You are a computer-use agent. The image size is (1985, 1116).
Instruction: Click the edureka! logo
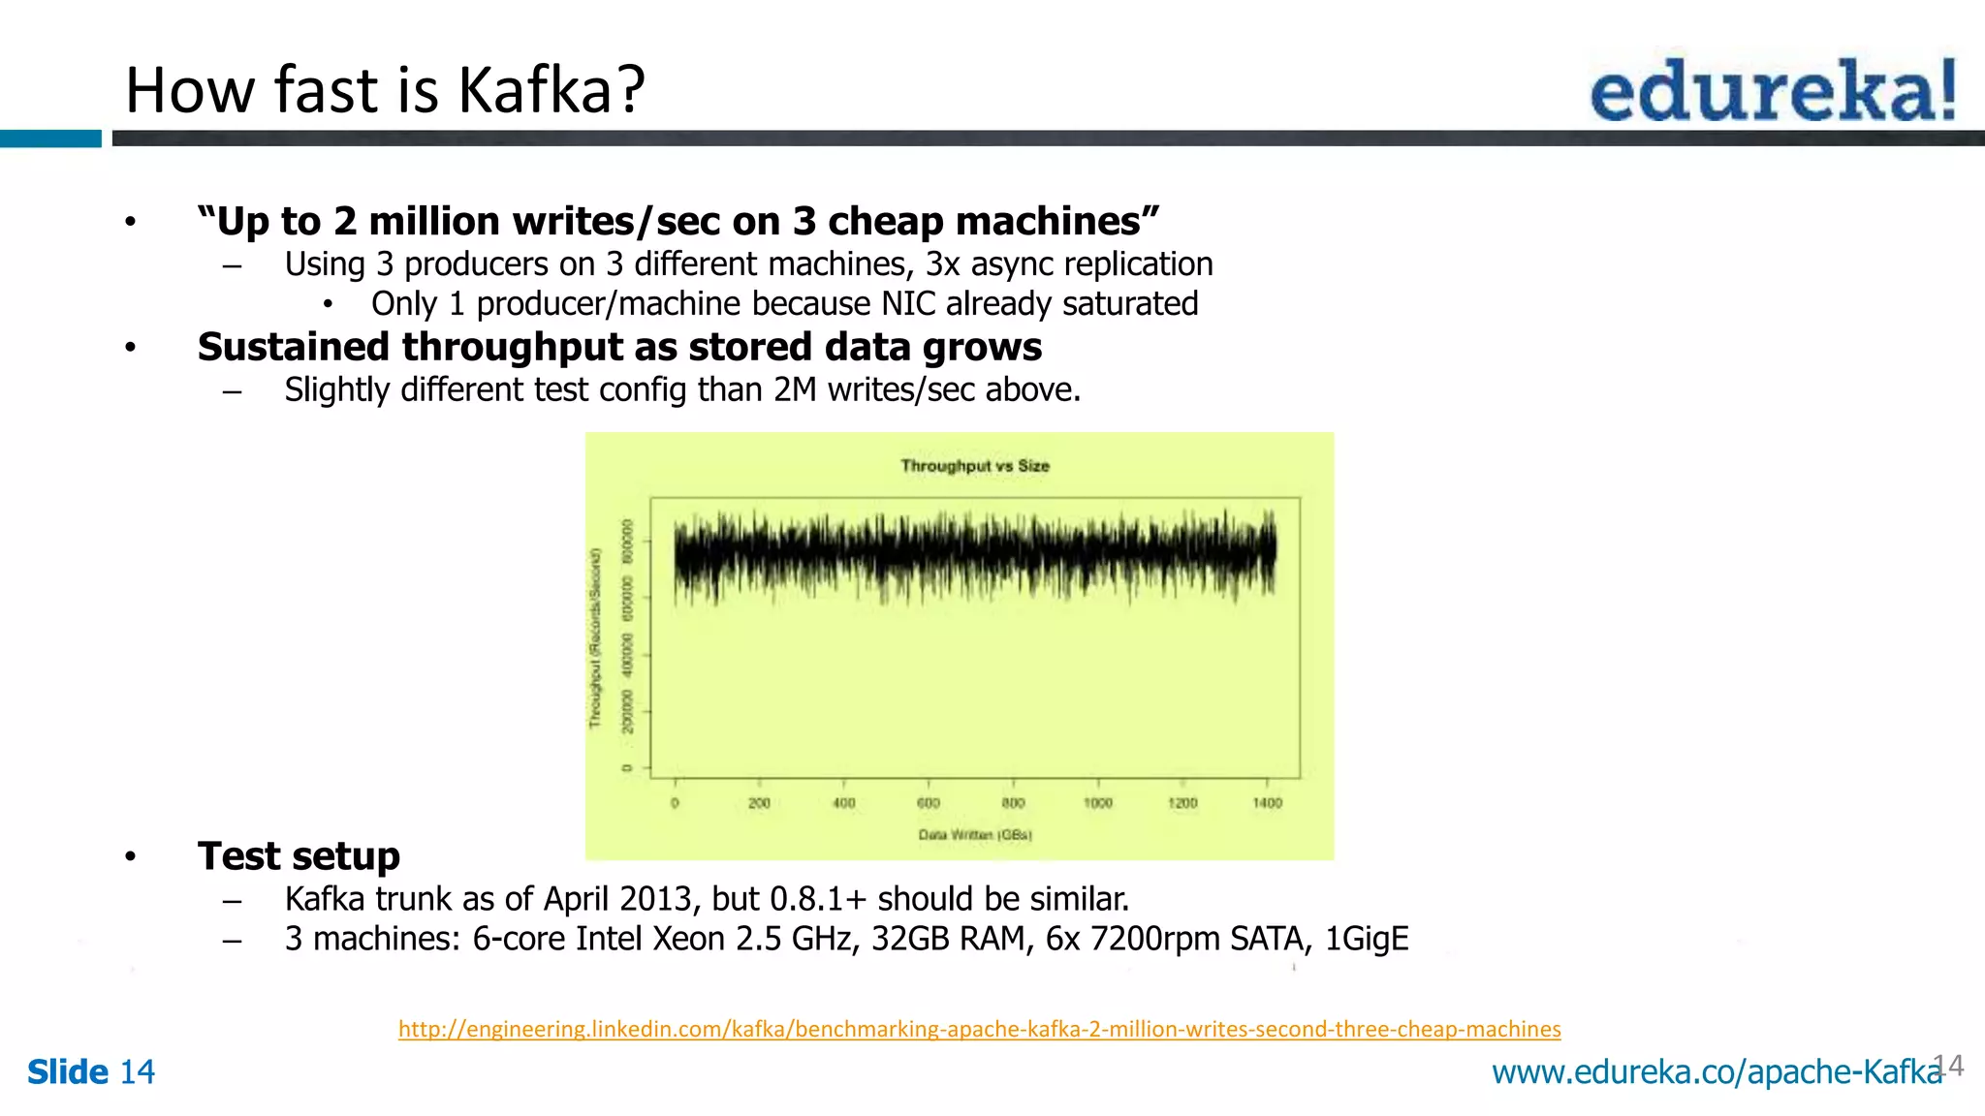[1773, 90]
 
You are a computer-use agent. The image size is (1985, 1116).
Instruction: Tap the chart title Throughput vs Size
[974, 466]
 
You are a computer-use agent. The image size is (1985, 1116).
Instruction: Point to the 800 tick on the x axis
[1013, 802]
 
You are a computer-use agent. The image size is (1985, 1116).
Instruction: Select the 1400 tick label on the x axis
[1267, 802]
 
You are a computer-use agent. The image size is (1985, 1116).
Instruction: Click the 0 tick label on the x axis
[675, 802]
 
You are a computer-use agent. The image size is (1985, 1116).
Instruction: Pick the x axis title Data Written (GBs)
[974, 834]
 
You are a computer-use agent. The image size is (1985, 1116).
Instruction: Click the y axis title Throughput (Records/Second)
[595, 638]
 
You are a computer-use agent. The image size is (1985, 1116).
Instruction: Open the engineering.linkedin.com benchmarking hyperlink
[979, 1029]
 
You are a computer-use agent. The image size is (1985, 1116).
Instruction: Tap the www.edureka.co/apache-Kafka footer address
[1717, 1071]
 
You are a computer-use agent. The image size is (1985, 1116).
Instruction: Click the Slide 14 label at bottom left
[91, 1071]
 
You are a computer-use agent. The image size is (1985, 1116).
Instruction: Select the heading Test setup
[299, 856]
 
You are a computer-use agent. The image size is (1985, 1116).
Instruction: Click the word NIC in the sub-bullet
[908, 304]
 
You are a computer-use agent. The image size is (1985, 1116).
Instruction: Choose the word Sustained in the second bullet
[294, 347]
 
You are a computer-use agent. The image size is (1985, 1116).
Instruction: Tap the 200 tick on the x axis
[759, 802]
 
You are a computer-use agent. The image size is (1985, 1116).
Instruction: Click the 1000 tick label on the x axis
[1097, 802]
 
